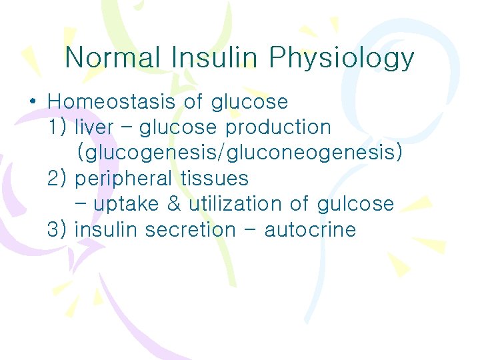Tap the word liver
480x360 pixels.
94,127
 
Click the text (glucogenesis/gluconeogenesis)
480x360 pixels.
240,153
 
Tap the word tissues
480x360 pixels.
214,179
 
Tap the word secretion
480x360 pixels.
190,230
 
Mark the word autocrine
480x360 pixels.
310,230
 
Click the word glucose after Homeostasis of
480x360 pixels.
249,103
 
